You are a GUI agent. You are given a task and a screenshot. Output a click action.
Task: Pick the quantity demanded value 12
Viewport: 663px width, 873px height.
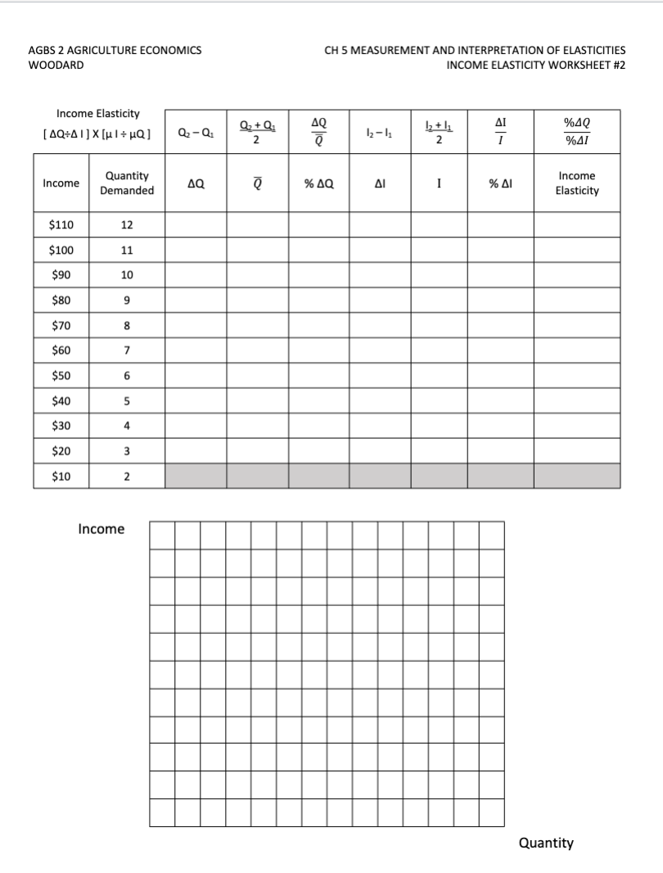point(127,224)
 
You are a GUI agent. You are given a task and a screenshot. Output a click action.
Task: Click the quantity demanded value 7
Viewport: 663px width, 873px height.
point(127,351)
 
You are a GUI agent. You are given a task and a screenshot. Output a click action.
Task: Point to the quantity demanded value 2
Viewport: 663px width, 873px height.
point(127,476)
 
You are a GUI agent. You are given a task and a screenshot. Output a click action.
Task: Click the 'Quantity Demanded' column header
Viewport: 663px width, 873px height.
point(127,183)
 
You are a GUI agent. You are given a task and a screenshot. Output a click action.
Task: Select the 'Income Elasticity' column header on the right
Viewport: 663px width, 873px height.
point(577,183)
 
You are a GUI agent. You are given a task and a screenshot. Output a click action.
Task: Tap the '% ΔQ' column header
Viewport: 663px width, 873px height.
point(319,183)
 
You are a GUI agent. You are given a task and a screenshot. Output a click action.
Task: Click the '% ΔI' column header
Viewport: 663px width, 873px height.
point(500,183)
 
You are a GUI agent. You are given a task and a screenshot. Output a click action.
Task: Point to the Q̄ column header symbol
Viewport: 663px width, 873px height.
point(258,183)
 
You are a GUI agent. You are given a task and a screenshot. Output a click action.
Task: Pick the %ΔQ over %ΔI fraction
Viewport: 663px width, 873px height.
point(577,131)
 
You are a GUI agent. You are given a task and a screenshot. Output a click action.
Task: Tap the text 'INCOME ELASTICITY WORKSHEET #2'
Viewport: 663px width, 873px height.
point(536,65)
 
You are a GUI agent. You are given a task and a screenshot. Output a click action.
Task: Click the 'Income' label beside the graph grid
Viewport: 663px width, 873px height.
point(101,529)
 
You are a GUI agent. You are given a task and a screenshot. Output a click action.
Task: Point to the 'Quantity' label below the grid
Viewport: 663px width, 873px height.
point(546,843)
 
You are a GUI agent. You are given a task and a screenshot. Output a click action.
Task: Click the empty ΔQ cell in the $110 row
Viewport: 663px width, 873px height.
point(196,224)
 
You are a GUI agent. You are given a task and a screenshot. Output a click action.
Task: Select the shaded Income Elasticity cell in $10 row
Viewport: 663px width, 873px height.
point(577,476)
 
